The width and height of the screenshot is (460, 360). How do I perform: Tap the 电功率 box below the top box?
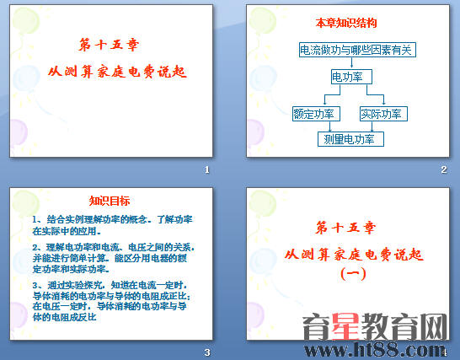tap(348, 78)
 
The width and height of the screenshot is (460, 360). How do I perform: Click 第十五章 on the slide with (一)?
tap(346, 228)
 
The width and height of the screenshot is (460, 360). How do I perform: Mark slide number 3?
tap(206, 352)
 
